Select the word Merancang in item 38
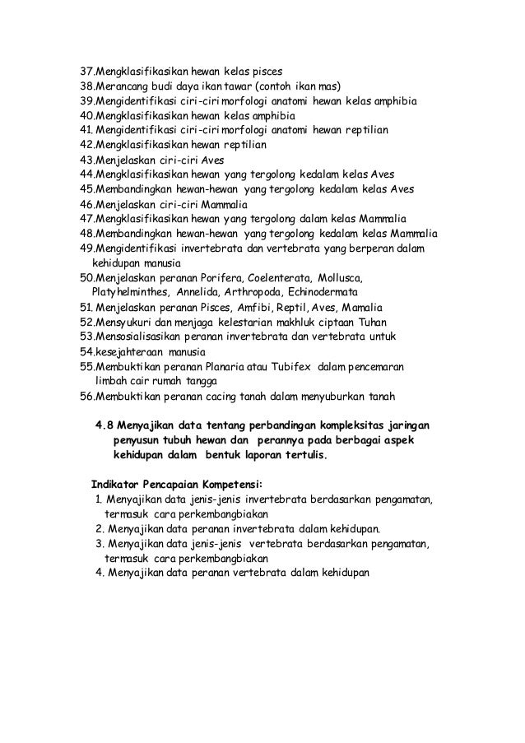[123, 85]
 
